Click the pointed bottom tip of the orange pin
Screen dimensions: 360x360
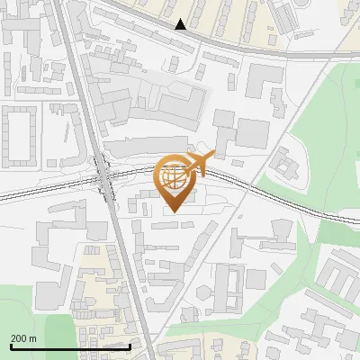coord(175,211)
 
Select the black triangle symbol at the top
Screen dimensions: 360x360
coord(181,24)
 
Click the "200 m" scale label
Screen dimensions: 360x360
coord(23,337)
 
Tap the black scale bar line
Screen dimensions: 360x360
coord(70,346)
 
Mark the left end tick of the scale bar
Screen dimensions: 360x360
coord(10,346)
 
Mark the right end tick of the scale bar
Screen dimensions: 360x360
coord(130,346)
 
